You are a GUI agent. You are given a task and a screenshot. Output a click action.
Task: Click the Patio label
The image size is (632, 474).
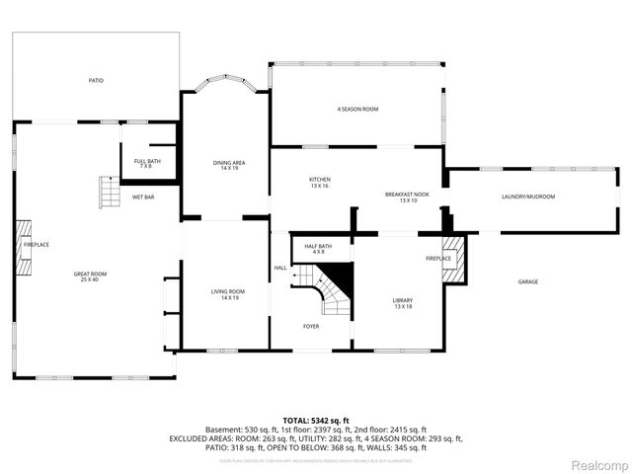click(96, 80)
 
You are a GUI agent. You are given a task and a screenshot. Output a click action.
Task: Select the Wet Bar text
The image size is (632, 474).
click(143, 197)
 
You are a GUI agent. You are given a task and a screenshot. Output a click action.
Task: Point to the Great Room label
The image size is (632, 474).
click(90, 276)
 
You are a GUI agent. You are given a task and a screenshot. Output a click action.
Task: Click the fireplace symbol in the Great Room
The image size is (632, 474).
click(21, 246)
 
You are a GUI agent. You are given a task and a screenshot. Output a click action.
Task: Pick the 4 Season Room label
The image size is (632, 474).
click(357, 109)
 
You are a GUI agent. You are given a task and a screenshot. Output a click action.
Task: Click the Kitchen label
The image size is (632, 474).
click(319, 182)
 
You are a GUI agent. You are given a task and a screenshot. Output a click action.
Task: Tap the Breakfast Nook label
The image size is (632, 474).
click(407, 197)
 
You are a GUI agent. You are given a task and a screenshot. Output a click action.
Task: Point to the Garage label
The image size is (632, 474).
click(528, 281)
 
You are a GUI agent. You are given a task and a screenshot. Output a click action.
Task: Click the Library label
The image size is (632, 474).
click(402, 303)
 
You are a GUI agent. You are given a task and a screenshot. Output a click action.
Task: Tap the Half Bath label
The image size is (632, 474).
click(318, 249)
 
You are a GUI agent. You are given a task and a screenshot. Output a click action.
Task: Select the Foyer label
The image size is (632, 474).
click(311, 326)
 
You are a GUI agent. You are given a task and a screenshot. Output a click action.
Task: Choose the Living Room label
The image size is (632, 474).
click(228, 294)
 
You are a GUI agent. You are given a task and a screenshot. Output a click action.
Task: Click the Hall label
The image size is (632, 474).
click(280, 268)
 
